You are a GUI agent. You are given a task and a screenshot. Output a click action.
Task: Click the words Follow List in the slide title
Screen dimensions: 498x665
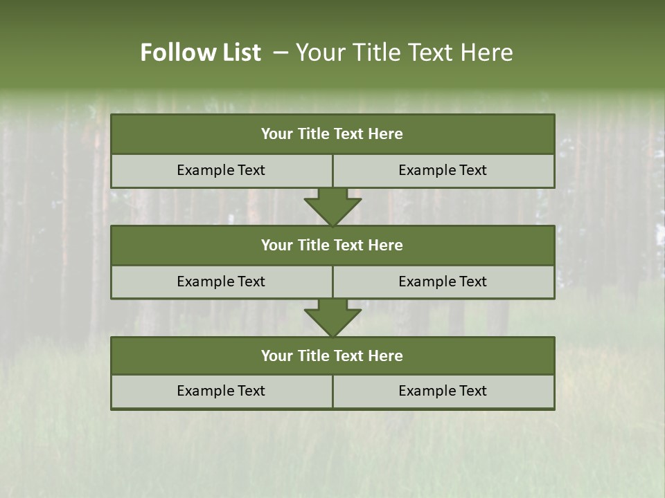click(200, 53)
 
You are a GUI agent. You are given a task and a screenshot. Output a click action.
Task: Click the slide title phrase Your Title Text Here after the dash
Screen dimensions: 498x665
click(404, 53)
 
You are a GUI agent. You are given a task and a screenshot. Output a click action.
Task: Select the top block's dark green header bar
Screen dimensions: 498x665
click(332, 134)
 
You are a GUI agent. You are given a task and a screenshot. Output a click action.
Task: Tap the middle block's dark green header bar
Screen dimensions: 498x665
click(332, 246)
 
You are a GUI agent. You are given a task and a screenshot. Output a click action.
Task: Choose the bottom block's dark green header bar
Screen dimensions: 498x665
click(332, 356)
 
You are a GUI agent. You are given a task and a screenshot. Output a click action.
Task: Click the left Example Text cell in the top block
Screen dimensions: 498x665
click(221, 171)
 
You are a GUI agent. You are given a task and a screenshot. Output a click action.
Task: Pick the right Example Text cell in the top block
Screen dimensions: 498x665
click(443, 171)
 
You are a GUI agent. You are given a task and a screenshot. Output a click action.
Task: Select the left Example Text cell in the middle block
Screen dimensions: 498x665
click(221, 282)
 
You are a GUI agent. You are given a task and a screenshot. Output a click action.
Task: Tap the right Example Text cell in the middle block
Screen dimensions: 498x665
click(443, 282)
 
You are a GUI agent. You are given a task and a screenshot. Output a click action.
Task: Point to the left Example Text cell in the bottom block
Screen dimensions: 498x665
click(221, 391)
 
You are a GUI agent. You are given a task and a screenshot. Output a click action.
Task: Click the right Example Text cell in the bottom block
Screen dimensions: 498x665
click(443, 391)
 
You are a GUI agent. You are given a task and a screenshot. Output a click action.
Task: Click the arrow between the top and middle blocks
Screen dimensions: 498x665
click(332, 206)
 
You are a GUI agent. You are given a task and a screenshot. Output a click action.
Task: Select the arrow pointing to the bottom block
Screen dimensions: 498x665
click(332, 317)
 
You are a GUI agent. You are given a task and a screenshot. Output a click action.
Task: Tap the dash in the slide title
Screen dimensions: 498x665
click(281, 53)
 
